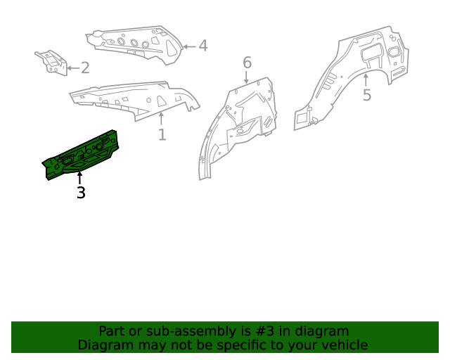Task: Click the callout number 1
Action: (162, 134)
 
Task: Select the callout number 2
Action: (85, 68)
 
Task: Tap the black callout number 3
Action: (81, 192)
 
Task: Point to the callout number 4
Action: (202, 46)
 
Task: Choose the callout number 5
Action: (366, 95)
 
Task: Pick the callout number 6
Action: (247, 63)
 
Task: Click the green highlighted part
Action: (81, 156)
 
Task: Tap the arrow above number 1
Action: (162, 117)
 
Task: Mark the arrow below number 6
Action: (247, 77)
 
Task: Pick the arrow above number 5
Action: (366, 79)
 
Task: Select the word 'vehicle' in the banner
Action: (343, 345)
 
